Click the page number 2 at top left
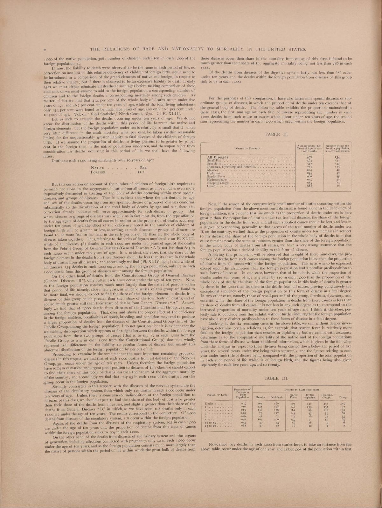point(45,50)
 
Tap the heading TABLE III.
point(275,378)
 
